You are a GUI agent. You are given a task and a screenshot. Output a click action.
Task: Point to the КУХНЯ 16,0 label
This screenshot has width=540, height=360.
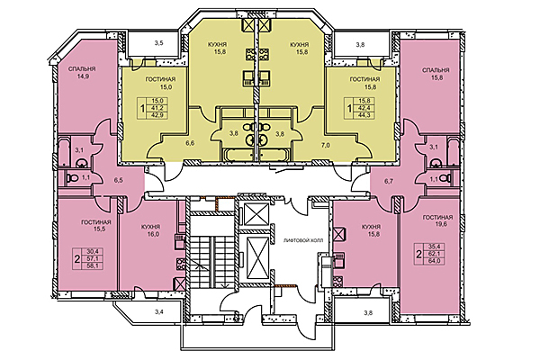[150, 230]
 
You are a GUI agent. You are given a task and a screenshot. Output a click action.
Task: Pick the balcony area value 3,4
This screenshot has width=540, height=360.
[158, 312]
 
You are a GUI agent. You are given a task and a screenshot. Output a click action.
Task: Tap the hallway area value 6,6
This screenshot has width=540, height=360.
[190, 144]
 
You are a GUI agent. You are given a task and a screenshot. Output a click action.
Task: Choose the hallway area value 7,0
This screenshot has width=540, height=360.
[326, 145]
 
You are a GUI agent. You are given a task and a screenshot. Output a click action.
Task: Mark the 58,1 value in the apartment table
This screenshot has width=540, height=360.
[90, 266]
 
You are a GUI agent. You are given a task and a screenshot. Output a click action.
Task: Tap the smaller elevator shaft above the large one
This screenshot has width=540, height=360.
[256, 213]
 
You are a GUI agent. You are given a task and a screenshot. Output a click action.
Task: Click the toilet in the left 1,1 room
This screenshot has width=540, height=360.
[73, 178]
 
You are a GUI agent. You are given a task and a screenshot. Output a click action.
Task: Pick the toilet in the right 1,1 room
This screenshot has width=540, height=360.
[446, 178]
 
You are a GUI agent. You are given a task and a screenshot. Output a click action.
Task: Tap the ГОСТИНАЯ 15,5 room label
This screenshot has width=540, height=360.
[96, 225]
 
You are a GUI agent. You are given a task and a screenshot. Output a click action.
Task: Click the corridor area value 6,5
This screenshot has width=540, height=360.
[118, 180]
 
